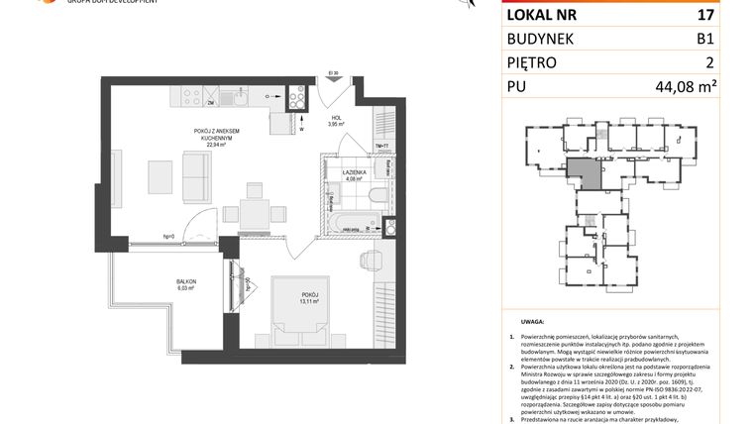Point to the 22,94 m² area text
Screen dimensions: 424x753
[x=216, y=145]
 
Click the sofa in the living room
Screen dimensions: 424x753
[x=195, y=175]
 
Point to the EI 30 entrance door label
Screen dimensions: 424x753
[x=334, y=73]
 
